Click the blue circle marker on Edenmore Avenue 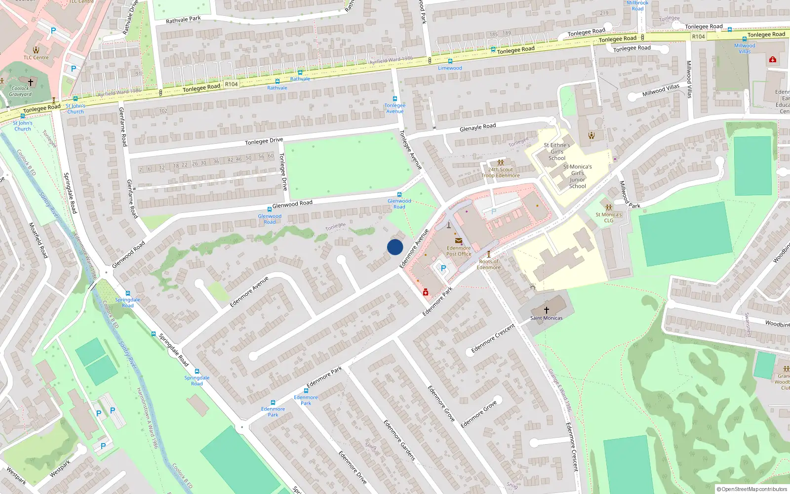tap(395, 247)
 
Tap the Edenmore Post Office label tap(459, 251)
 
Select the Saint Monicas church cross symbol tap(547, 310)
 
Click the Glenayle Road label tap(477, 127)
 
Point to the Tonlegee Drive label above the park tap(264, 141)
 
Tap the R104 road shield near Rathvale tap(231, 84)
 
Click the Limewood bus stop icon tap(450, 61)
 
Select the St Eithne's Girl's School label tap(557, 152)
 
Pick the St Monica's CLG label tap(608, 217)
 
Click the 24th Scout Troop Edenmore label tap(501, 172)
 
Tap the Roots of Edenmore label tap(489, 264)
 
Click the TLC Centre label tap(36, 57)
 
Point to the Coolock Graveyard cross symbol tap(31, 82)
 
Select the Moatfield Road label tap(38, 240)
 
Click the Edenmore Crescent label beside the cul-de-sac tap(493, 338)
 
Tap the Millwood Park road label tap(629, 195)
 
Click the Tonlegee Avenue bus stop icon tap(395, 99)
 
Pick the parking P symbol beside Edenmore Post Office tap(443, 268)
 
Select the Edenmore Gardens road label tap(399, 440)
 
